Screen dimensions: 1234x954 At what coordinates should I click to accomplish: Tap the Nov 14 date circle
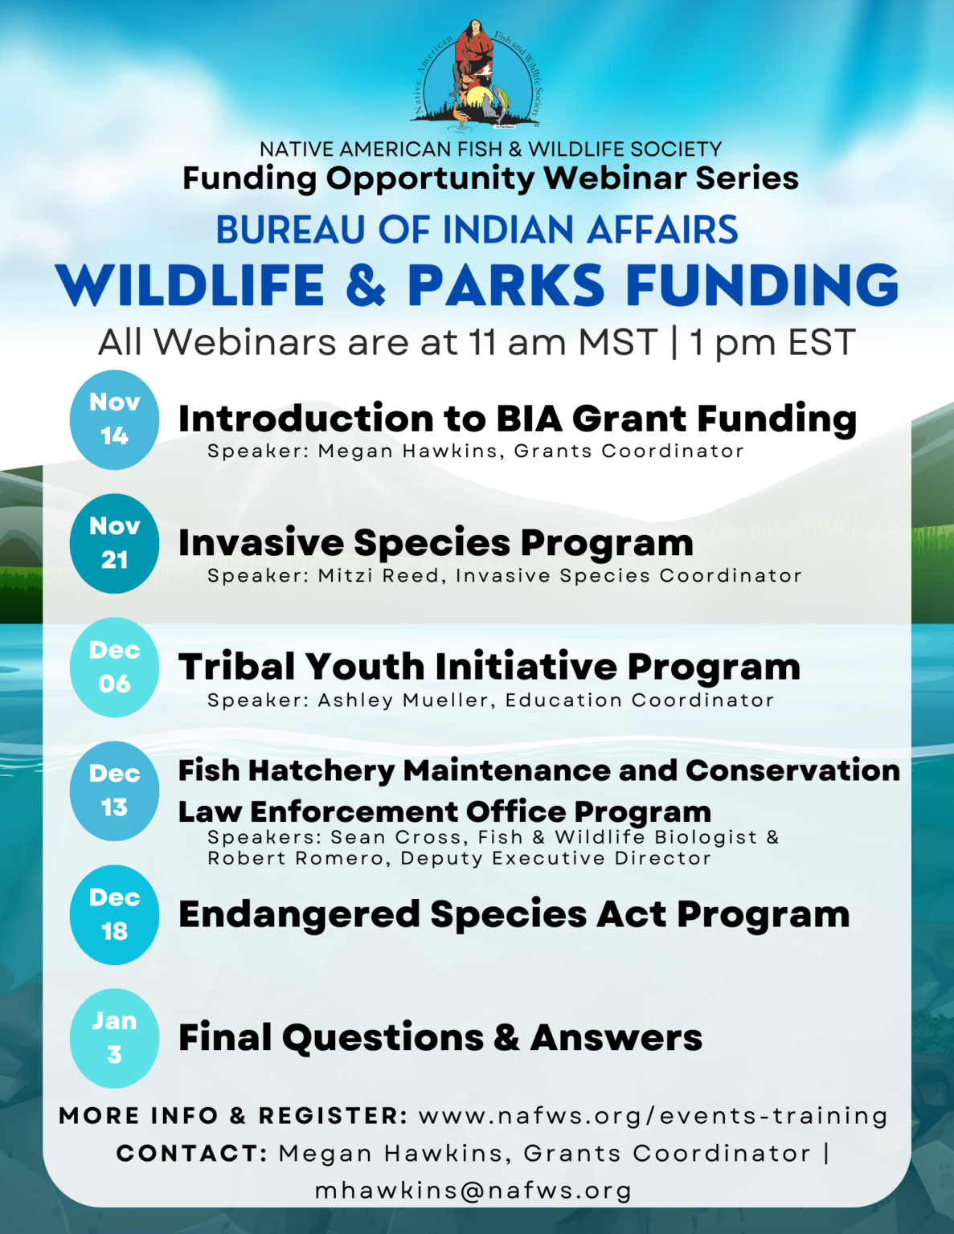(114, 419)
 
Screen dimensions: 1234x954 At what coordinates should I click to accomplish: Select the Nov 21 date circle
(114, 543)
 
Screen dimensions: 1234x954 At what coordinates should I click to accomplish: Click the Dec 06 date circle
(114, 667)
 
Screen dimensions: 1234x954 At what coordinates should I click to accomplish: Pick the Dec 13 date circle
(114, 791)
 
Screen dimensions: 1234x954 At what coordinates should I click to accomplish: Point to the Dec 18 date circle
(114, 914)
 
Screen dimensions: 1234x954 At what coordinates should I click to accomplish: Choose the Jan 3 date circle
(114, 1038)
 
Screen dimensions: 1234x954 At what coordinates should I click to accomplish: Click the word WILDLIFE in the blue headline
(190, 286)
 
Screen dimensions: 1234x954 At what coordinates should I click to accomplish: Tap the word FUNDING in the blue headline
(762, 286)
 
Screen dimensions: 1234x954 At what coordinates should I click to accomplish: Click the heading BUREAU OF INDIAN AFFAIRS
(477, 230)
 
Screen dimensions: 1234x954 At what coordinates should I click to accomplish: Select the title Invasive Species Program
(436, 543)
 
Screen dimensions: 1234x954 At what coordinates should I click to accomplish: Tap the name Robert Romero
(296, 859)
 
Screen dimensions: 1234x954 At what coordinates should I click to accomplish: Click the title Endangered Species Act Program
(514, 914)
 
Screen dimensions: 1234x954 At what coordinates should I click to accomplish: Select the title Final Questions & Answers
(440, 1038)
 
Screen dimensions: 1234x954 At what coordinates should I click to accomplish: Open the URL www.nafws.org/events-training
(653, 1116)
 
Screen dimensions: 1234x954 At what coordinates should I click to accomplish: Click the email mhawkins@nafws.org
(473, 1191)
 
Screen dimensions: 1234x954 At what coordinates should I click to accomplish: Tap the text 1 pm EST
(772, 343)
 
